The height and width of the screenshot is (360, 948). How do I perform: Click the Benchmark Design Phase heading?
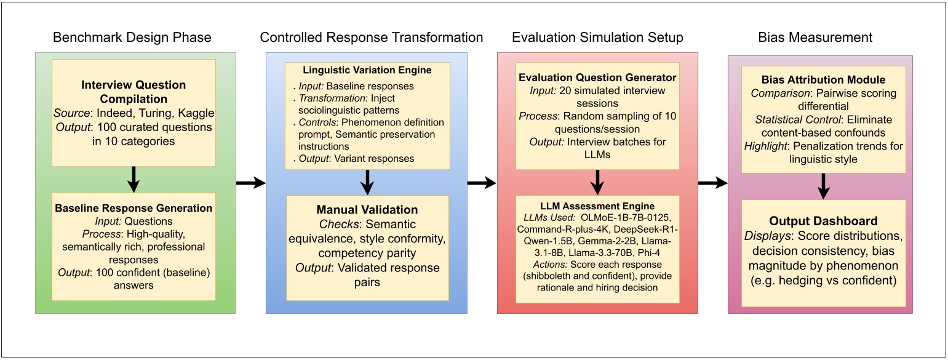click(132, 38)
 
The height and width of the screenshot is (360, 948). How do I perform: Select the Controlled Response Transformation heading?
click(372, 38)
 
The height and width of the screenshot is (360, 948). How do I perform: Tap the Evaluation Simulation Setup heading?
click(597, 38)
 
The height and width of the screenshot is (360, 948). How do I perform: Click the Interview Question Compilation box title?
click(133, 91)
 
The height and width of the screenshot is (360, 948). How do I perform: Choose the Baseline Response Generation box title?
click(133, 208)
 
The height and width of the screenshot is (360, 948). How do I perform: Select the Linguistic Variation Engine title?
click(367, 70)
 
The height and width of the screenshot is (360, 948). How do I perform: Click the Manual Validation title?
click(367, 210)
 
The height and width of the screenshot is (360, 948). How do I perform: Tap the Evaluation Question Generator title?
click(597, 78)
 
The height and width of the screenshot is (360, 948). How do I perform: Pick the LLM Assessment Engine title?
click(597, 206)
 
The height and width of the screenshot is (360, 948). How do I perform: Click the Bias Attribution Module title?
click(824, 79)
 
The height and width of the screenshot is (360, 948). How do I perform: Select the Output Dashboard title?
click(824, 220)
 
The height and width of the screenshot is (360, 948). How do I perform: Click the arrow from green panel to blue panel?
click(250, 183)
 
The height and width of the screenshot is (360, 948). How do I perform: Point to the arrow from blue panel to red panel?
click(482, 183)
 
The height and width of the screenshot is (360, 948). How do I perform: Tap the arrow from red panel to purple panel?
click(712, 183)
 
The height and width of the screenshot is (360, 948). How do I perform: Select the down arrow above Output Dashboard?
click(824, 185)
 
